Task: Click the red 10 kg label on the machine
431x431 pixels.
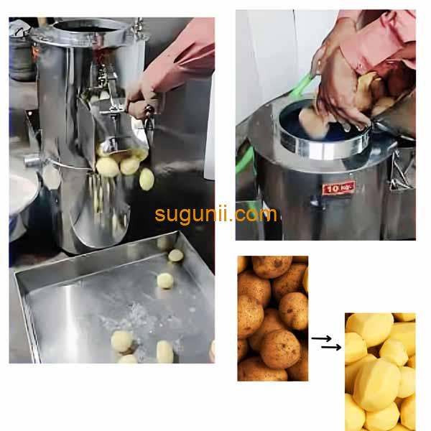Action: point(338,188)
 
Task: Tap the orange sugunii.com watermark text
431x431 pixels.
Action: point(215,214)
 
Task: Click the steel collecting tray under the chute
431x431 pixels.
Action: point(108,302)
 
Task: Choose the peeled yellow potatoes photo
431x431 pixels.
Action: point(379,371)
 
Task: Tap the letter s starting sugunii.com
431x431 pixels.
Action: point(160,215)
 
